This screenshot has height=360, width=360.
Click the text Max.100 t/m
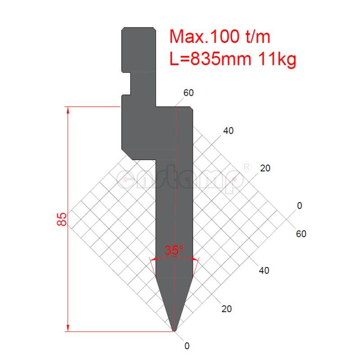point(220,36)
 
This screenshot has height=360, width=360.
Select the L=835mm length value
point(210,58)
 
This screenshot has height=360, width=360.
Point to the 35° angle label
point(174,250)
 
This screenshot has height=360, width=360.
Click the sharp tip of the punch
point(175,331)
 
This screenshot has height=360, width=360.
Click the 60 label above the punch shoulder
point(188,93)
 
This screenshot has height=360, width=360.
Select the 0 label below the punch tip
point(187,346)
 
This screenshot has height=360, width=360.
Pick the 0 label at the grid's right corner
point(300,206)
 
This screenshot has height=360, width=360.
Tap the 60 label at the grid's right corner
point(301,234)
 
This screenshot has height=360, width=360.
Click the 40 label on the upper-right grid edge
point(228,131)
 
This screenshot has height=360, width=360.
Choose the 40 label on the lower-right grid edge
point(264,271)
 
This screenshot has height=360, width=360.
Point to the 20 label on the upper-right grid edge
point(265,168)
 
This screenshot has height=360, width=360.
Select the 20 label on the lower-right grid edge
point(227,309)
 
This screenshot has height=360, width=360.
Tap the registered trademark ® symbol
point(246,166)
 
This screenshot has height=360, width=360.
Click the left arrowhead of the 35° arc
point(152,260)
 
